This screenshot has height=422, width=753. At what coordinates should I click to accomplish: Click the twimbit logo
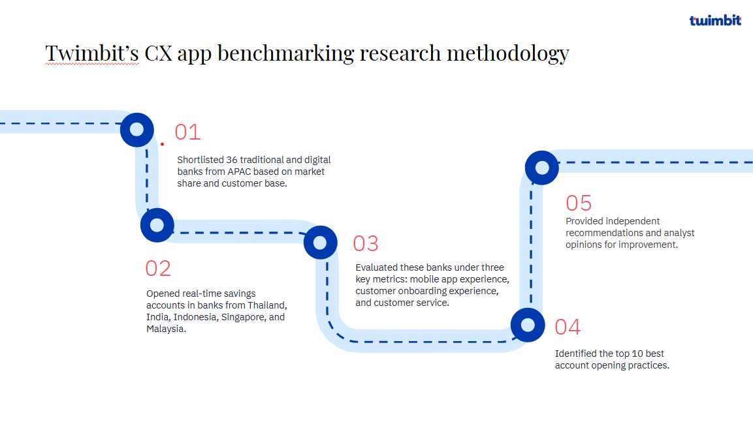point(715,20)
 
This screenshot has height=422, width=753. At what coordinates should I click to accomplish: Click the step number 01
point(188,132)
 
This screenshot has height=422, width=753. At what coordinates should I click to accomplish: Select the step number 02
point(158,269)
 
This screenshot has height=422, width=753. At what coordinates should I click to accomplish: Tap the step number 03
point(366,243)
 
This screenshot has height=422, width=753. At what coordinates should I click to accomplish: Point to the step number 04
point(568,327)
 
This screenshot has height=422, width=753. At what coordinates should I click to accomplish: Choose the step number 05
point(579,203)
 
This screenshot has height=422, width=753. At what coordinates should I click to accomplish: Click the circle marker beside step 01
point(137,130)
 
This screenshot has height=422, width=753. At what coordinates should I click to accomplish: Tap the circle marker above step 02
point(157,225)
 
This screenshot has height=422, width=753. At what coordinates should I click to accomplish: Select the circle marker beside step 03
point(320,243)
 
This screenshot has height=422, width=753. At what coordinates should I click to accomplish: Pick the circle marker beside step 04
point(528,325)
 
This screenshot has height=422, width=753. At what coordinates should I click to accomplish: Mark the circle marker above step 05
point(541,168)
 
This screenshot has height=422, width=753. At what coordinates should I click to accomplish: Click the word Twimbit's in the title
point(92,53)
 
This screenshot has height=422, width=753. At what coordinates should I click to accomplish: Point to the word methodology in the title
point(508,53)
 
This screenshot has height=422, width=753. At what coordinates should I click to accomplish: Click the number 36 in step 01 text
point(232,160)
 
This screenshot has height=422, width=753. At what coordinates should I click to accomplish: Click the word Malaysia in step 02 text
point(166,329)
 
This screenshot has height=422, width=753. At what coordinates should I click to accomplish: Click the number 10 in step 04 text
point(637,354)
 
